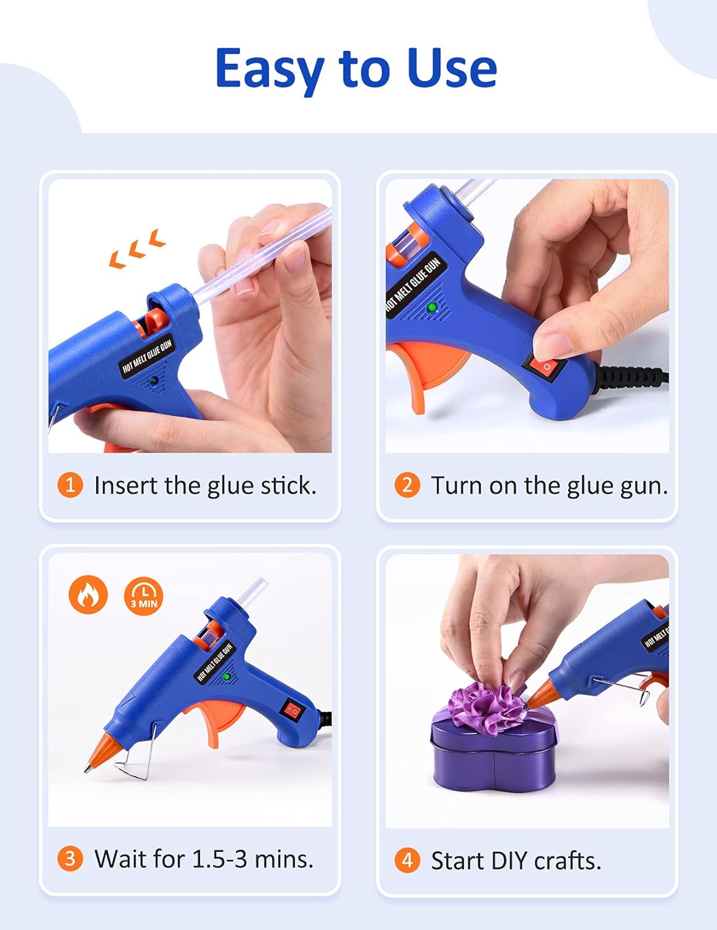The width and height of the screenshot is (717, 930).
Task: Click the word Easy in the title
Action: (x=271, y=69)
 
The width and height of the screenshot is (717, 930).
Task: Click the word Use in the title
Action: (x=452, y=68)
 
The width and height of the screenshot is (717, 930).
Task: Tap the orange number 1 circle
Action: (x=70, y=485)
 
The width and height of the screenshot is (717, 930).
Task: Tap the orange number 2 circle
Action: (x=407, y=485)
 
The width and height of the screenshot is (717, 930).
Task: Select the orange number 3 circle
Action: (x=70, y=859)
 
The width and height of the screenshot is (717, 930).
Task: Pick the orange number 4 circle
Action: (x=407, y=861)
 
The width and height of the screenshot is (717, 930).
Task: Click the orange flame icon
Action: (x=88, y=595)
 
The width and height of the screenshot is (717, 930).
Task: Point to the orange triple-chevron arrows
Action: (x=138, y=249)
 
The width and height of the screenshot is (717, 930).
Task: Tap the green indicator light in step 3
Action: (x=227, y=677)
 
